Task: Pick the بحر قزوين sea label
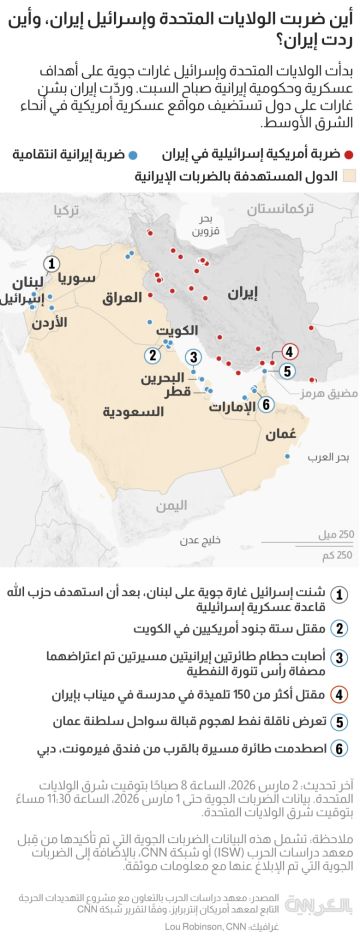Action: [x=204, y=250]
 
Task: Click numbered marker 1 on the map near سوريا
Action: [x=52, y=259]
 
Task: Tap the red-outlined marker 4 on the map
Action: [x=290, y=350]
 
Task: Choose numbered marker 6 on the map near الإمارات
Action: [x=266, y=403]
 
